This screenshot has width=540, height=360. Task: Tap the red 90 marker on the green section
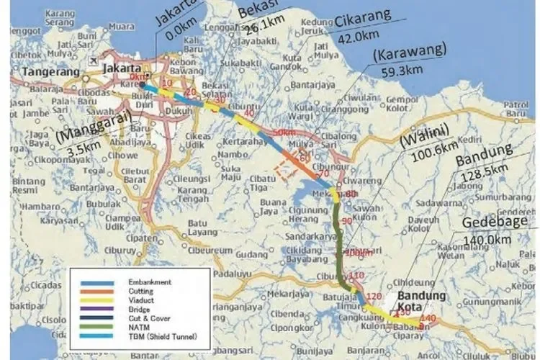(x=349, y=220)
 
